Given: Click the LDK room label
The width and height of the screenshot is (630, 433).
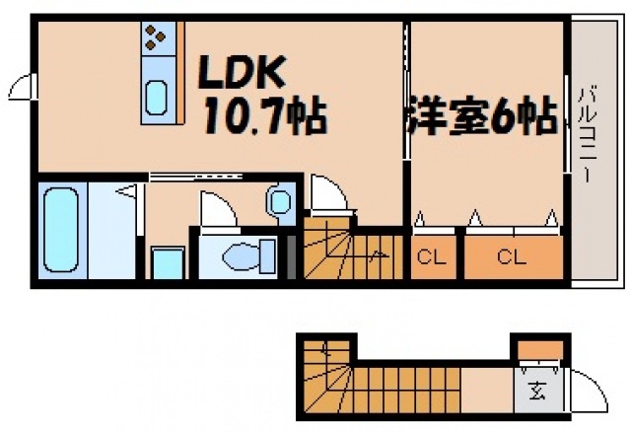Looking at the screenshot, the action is tap(244, 72).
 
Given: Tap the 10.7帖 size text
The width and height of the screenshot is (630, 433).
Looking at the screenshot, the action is tap(264, 118).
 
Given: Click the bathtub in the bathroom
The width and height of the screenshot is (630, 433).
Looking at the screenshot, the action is tap(62, 230).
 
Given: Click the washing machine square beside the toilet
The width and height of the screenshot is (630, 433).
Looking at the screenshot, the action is tap(168, 264).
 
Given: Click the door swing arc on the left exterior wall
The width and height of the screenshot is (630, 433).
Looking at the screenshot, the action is tap(22, 88).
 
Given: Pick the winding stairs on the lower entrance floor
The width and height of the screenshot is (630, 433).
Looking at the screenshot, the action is tap(335, 380).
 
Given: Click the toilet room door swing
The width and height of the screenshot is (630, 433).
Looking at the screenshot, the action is tap(215, 209).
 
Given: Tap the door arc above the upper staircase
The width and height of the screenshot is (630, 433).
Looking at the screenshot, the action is tap(325, 193).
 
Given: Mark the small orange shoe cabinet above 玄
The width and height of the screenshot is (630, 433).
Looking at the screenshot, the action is tap(538, 349).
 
